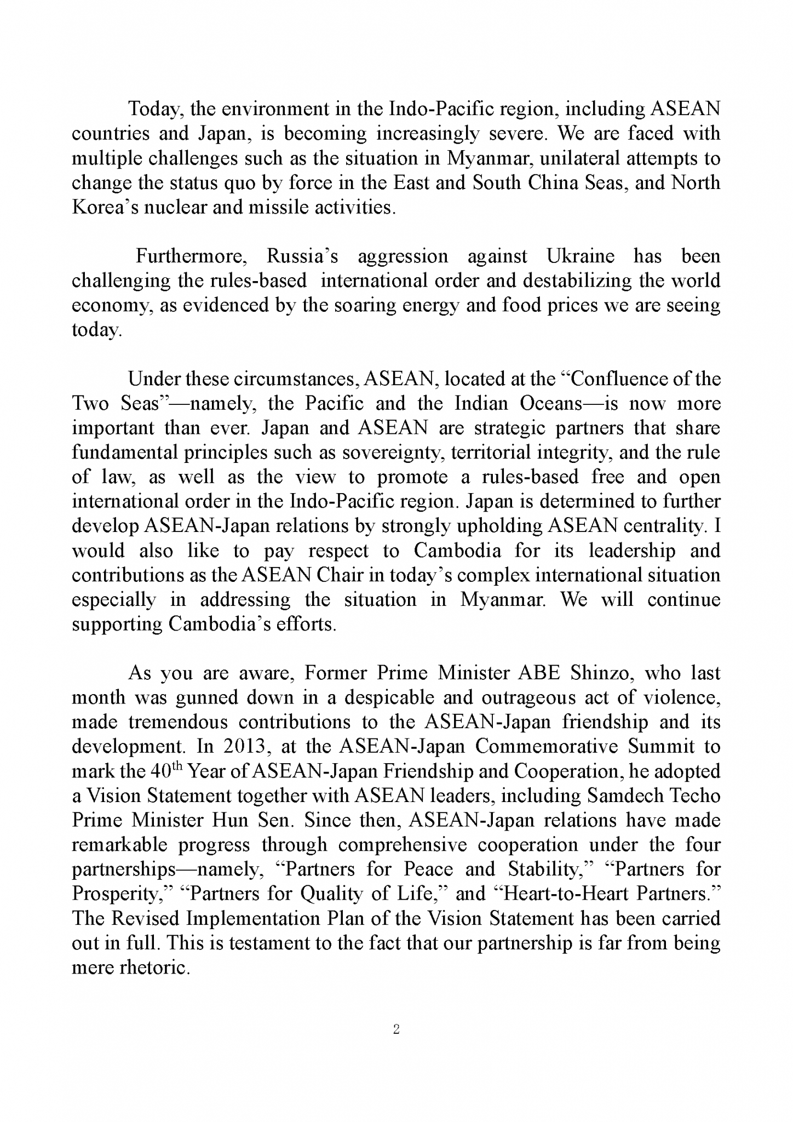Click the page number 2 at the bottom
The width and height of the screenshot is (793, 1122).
coord(396,1029)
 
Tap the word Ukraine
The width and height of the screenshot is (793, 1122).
coord(581,256)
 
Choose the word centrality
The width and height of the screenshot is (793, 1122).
coord(668,526)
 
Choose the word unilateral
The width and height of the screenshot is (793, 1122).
coord(578,158)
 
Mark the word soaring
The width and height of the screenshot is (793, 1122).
coord(364,305)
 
